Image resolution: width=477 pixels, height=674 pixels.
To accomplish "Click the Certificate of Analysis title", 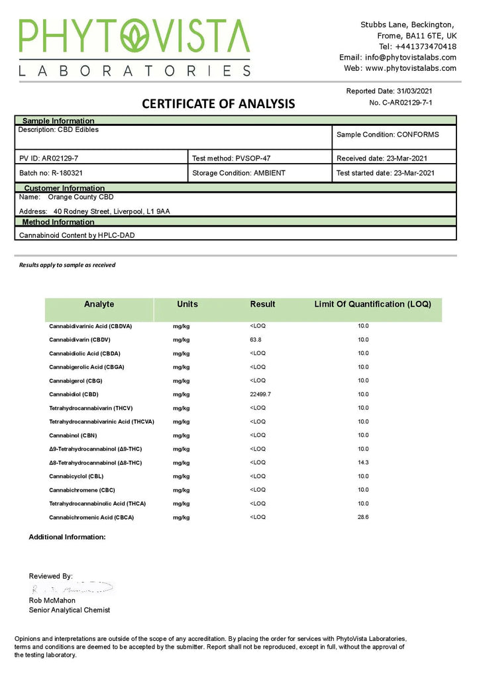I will pyautogui.click(x=219, y=104).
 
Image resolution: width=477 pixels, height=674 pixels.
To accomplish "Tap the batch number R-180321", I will pyautogui.click(x=66, y=173).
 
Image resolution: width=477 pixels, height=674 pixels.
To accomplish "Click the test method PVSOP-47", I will pyautogui.click(x=249, y=158).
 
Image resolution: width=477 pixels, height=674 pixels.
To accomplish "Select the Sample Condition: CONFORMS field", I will pyautogui.click(x=388, y=135).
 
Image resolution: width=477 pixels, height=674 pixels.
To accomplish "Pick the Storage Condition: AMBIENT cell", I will pyautogui.click(x=238, y=173).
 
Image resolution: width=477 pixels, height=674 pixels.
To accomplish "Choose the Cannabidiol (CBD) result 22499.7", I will pyautogui.click(x=260, y=394).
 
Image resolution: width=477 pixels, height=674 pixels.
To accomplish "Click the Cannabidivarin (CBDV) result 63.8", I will pyautogui.click(x=255, y=339).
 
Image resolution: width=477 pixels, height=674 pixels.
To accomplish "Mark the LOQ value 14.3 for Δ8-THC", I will pyautogui.click(x=363, y=463).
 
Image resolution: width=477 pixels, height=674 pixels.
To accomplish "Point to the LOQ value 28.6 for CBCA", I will pyautogui.click(x=363, y=517).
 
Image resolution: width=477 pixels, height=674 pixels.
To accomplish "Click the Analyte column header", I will pyautogui.click(x=99, y=304).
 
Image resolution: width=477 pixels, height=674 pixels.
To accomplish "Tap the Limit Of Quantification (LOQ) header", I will pyautogui.click(x=372, y=304).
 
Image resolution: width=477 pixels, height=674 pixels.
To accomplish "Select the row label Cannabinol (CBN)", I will pyautogui.click(x=73, y=435).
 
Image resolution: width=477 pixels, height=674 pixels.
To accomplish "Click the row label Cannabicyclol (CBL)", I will pyautogui.click(x=76, y=477).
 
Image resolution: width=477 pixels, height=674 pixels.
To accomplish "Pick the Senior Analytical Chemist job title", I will pyautogui.click(x=70, y=610).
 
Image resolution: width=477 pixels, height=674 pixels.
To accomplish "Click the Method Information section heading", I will pyautogui.click(x=58, y=222).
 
